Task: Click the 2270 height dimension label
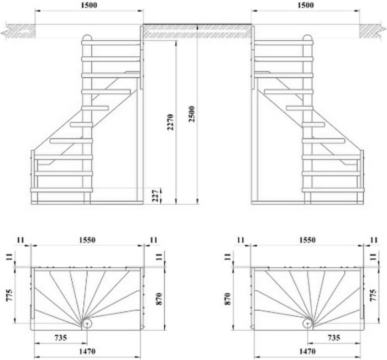pyautogui.click(x=170, y=122)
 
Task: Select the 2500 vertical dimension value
pyautogui.click(x=191, y=114)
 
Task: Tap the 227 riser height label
pyautogui.click(x=155, y=195)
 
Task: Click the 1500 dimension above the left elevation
pyautogui.click(x=89, y=5)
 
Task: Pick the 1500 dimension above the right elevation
pyautogui.click(x=306, y=5)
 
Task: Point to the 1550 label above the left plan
pyautogui.click(x=87, y=240)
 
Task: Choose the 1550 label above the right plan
pyautogui.click(x=307, y=240)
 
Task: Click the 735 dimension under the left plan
pyautogui.click(x=61, y=337)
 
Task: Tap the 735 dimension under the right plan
pyautogui.click(x=334, y=337)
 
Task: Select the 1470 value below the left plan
pyautogui.click(x=87, y=351)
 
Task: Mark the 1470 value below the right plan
pyautogui.click(x=307, y=351)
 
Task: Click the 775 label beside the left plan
pyautogui.click(x=9, y=295)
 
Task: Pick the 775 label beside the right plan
pyautogui.click(x=373, y=295)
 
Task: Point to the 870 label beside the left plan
pyautogui.click(x=159, y=299)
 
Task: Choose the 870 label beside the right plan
pyautogui.click(x=228, y=299)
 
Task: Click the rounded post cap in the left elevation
pyautogui.click(x=87, y=38)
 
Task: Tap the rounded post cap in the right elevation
pyautogui.click(x=308, y=38)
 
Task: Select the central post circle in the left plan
pyautogui.click(x=87, y=324)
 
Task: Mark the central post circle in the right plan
pyautogui.click(x=307, y=324)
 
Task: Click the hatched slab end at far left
pyautogui.click(x=18, y=31)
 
